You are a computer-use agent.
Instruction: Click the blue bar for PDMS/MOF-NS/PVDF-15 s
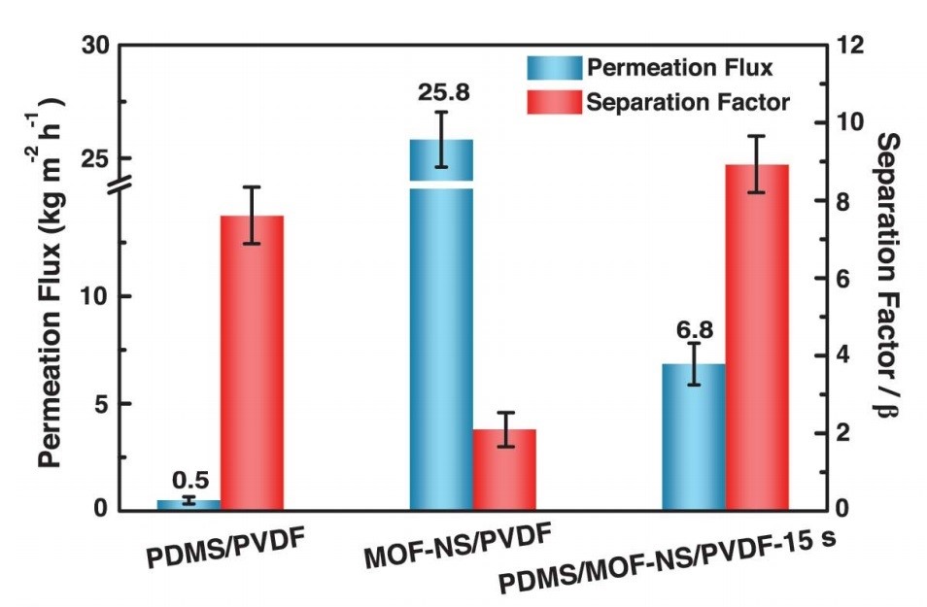coord(693,436)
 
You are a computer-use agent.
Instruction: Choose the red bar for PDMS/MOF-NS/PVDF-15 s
coord(757,336)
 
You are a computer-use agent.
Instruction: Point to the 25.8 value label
coord(442,94)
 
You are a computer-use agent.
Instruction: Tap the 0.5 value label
coord(190,480)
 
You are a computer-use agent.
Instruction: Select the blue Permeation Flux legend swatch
coord(554,68)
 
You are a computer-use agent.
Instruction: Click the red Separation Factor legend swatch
coord(554,101)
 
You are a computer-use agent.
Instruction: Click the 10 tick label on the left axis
coord(102,296)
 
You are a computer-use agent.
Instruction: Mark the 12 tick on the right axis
coord(846,46)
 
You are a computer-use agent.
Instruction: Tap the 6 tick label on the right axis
coord(841,278)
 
